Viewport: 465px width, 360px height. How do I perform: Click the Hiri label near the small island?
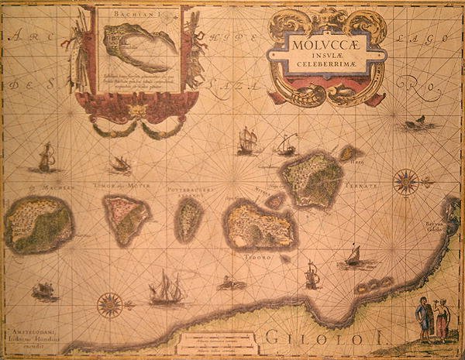pos(356,162)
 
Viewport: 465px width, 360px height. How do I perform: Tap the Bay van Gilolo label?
pos(444,228)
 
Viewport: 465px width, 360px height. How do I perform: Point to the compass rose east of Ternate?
pos(405,182)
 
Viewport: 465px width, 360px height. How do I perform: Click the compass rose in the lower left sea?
pos(110,304)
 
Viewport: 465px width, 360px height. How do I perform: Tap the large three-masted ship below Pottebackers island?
pos(166,288)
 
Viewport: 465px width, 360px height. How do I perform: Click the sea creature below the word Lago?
pos(415,122)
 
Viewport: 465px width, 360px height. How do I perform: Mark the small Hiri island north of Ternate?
pos(350,153)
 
